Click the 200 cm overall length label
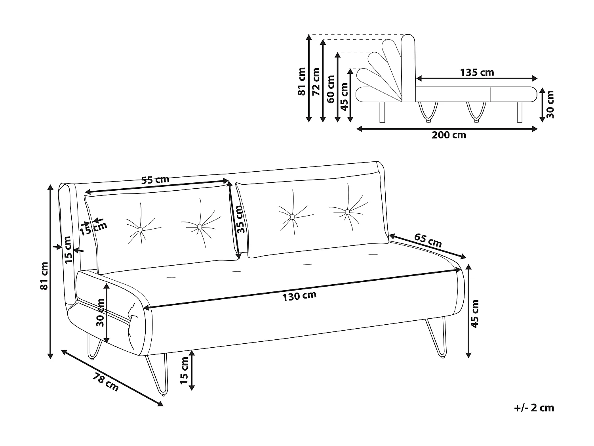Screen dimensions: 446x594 (449, 135)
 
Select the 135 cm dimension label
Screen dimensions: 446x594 (477, 73)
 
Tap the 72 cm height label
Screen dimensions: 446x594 (316, 82)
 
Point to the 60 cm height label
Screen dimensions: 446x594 (331, 89)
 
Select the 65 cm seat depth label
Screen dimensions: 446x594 (428, 240)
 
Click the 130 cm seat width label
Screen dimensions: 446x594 (299, 296)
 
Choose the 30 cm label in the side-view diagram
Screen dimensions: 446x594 (550, 104)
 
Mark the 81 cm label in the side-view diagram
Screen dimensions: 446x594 (302, 81)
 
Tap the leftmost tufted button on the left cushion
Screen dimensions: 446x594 (140, 230)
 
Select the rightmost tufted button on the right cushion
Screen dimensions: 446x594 (347, 212)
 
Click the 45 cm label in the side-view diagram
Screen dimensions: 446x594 (345, 97)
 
